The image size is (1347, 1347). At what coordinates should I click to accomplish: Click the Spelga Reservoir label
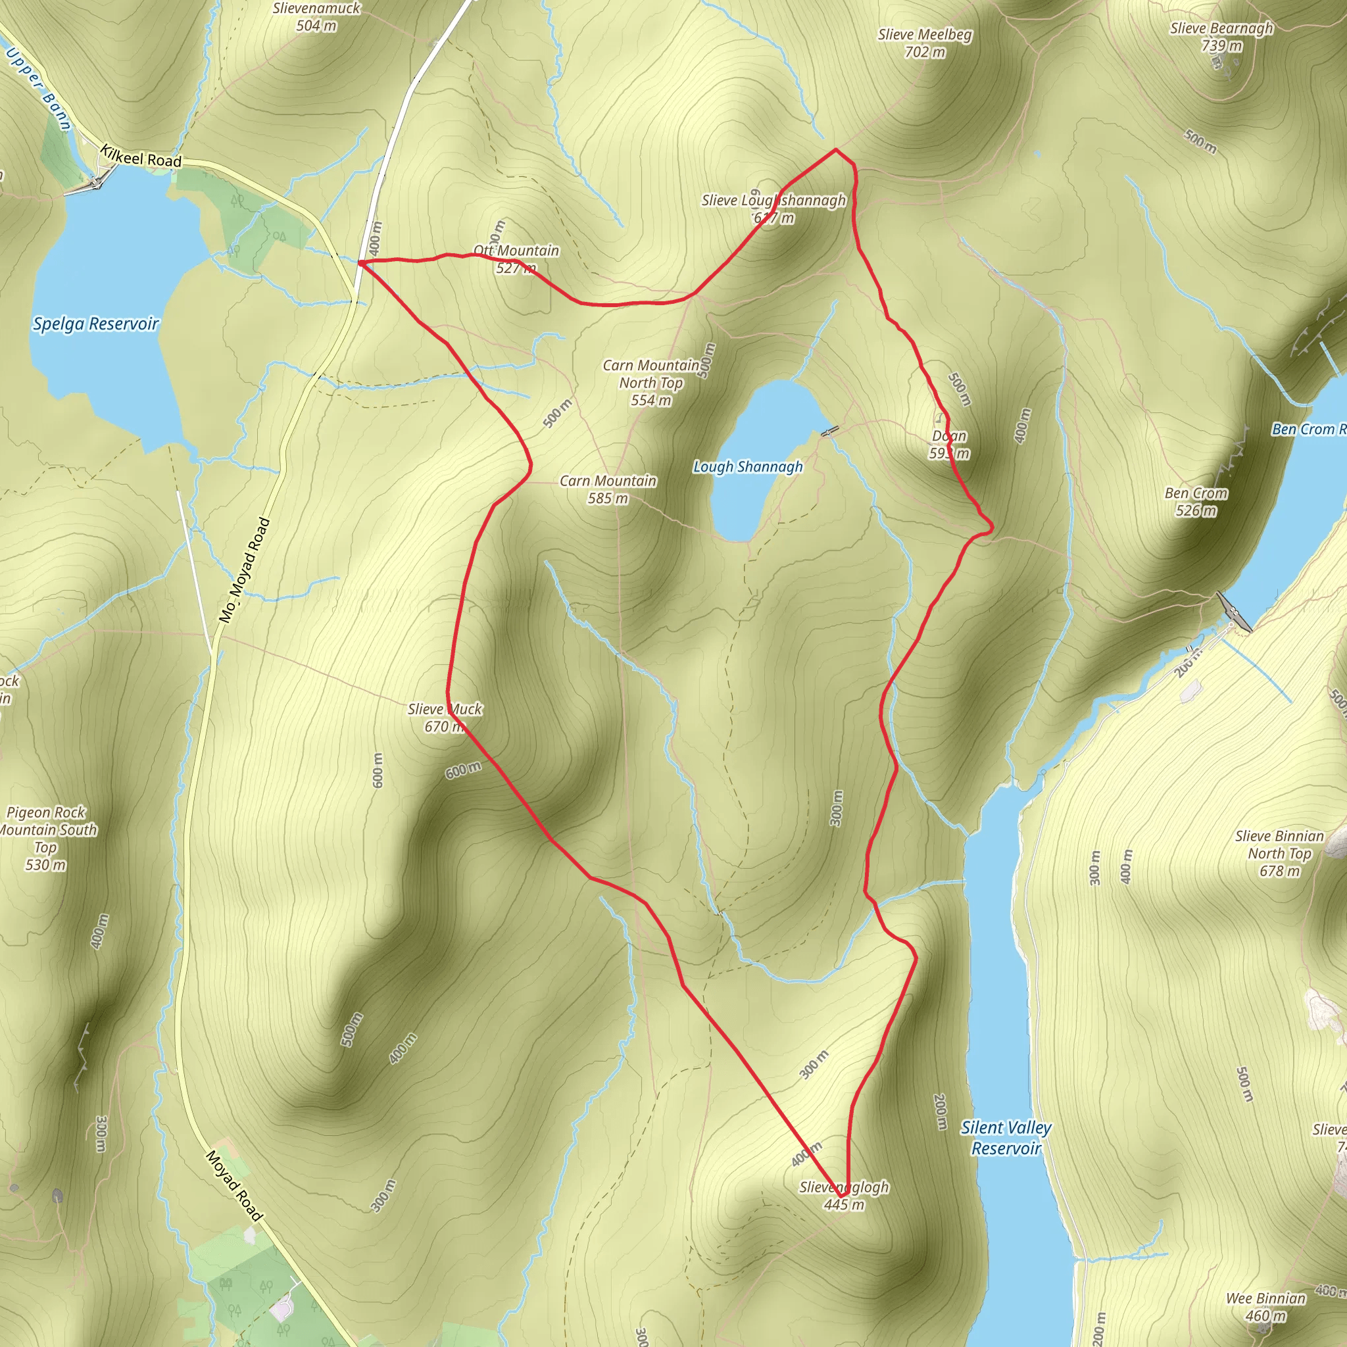(x=96, y=324)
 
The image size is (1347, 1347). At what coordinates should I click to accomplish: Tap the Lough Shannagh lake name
(x=747, y=466)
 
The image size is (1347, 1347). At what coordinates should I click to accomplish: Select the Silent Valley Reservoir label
(x=1006, y=1137)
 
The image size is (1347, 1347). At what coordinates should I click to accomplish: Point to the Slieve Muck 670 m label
(x=445, y=718)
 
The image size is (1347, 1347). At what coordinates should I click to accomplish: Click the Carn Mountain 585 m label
(x=608, y=489)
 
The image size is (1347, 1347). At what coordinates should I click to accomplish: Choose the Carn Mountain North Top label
(x=651, y=382)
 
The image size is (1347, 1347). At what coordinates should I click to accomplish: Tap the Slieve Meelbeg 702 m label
(x=925, y=43)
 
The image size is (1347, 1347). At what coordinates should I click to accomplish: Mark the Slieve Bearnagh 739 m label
(x=1221, y=36)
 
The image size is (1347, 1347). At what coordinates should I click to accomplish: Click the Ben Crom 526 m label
(x=1196, y=501)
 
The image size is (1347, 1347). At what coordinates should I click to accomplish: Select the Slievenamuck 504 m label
(x=316, y=16)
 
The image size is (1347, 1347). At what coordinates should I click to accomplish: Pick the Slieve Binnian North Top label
(x=1279, y=852)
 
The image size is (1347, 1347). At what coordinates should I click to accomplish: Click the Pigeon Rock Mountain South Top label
(x=47, y=838)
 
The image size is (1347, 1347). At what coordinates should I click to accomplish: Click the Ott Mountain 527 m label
(x=516, y=258)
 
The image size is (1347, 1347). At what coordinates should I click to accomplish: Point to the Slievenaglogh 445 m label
(x=844, y=1195)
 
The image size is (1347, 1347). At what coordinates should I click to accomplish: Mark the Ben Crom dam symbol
(x=1233, y=612)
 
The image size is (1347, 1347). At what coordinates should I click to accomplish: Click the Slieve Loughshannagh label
(x=773, y=208)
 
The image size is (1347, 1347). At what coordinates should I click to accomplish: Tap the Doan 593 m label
(x=949, y=444)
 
